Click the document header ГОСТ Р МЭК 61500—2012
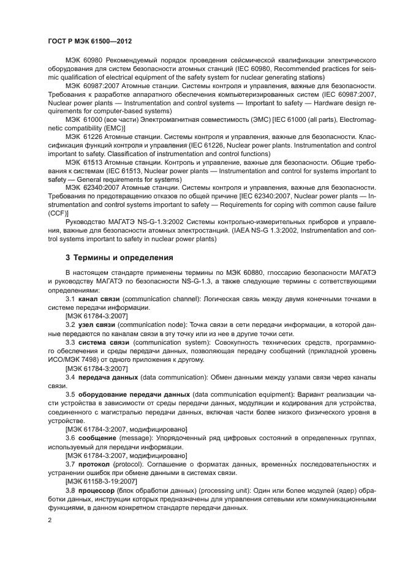pyautogui.click(x=90, y=40)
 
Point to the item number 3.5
pyautogui.click(x=69, y=395)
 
